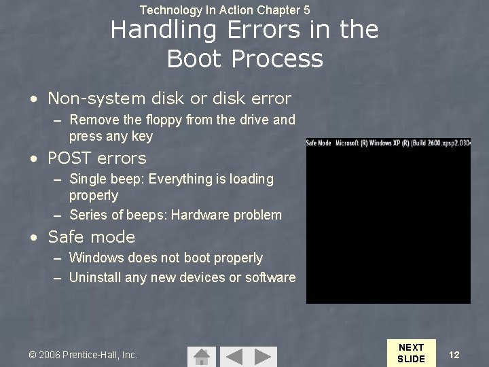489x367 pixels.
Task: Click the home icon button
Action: pos(201,356)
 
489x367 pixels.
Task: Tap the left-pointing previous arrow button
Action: pos(234,356)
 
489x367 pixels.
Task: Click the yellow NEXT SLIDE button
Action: pos(411,353)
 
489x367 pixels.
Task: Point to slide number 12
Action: pos(454,355)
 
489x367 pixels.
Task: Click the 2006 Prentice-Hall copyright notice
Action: pos(83,355)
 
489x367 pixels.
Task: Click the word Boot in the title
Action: pos(195,59)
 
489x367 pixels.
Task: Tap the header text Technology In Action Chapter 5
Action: pos(225,10)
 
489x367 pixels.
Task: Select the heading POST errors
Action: pos(96,158)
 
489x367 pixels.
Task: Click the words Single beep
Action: pos(106,179)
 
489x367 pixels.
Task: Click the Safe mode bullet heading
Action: pos(91,237)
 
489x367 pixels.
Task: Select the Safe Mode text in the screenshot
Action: pos(319,143)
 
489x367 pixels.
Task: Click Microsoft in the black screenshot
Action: pos(351,143)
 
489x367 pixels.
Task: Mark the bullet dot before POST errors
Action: pos(34,159)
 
